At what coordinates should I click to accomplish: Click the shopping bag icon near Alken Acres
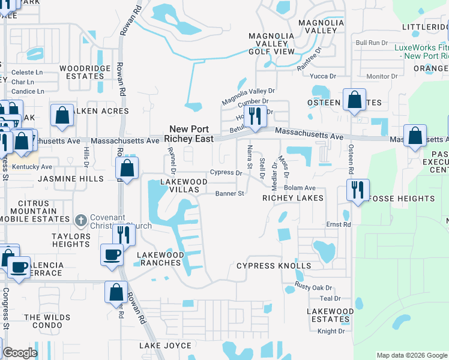tap(62, 116)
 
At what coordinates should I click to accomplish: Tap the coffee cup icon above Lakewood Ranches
tap(112, 255)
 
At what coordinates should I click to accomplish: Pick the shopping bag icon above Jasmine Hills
tap(127, 169)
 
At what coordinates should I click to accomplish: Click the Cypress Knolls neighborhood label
tap(273, 266)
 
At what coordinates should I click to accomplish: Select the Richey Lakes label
tap(293, 198)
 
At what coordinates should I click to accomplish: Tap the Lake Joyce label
tap(165, 346)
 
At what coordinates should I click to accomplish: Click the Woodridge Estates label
tap(85, 72)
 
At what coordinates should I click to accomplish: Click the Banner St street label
tap(230, 194)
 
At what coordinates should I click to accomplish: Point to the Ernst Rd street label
tap(339, 224)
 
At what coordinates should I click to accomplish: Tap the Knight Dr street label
tap(331, 331)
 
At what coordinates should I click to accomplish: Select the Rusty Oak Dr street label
tap(313, 288)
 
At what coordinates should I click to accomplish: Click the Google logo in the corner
tap(19, 353)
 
